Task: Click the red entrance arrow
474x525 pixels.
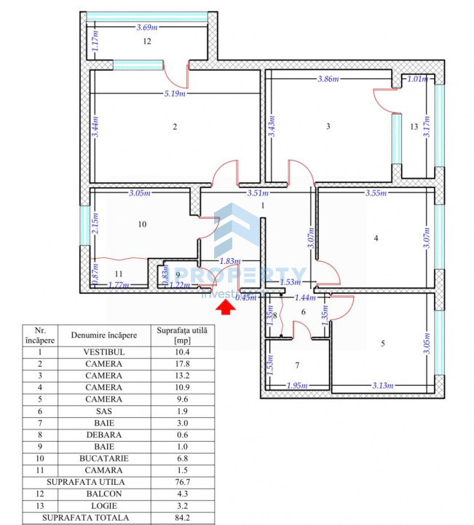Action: [229, 307]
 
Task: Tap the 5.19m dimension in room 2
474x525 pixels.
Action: [174, 93]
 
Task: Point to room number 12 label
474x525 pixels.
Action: [146, 42]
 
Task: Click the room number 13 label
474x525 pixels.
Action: [414, 127]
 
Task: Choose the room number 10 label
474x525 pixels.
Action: [141, 224]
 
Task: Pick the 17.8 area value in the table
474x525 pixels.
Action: [182, 364]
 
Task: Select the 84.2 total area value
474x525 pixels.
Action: [182, 518]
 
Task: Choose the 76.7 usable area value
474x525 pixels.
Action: [182, 483]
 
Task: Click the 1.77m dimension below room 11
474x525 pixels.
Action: [118, 285]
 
